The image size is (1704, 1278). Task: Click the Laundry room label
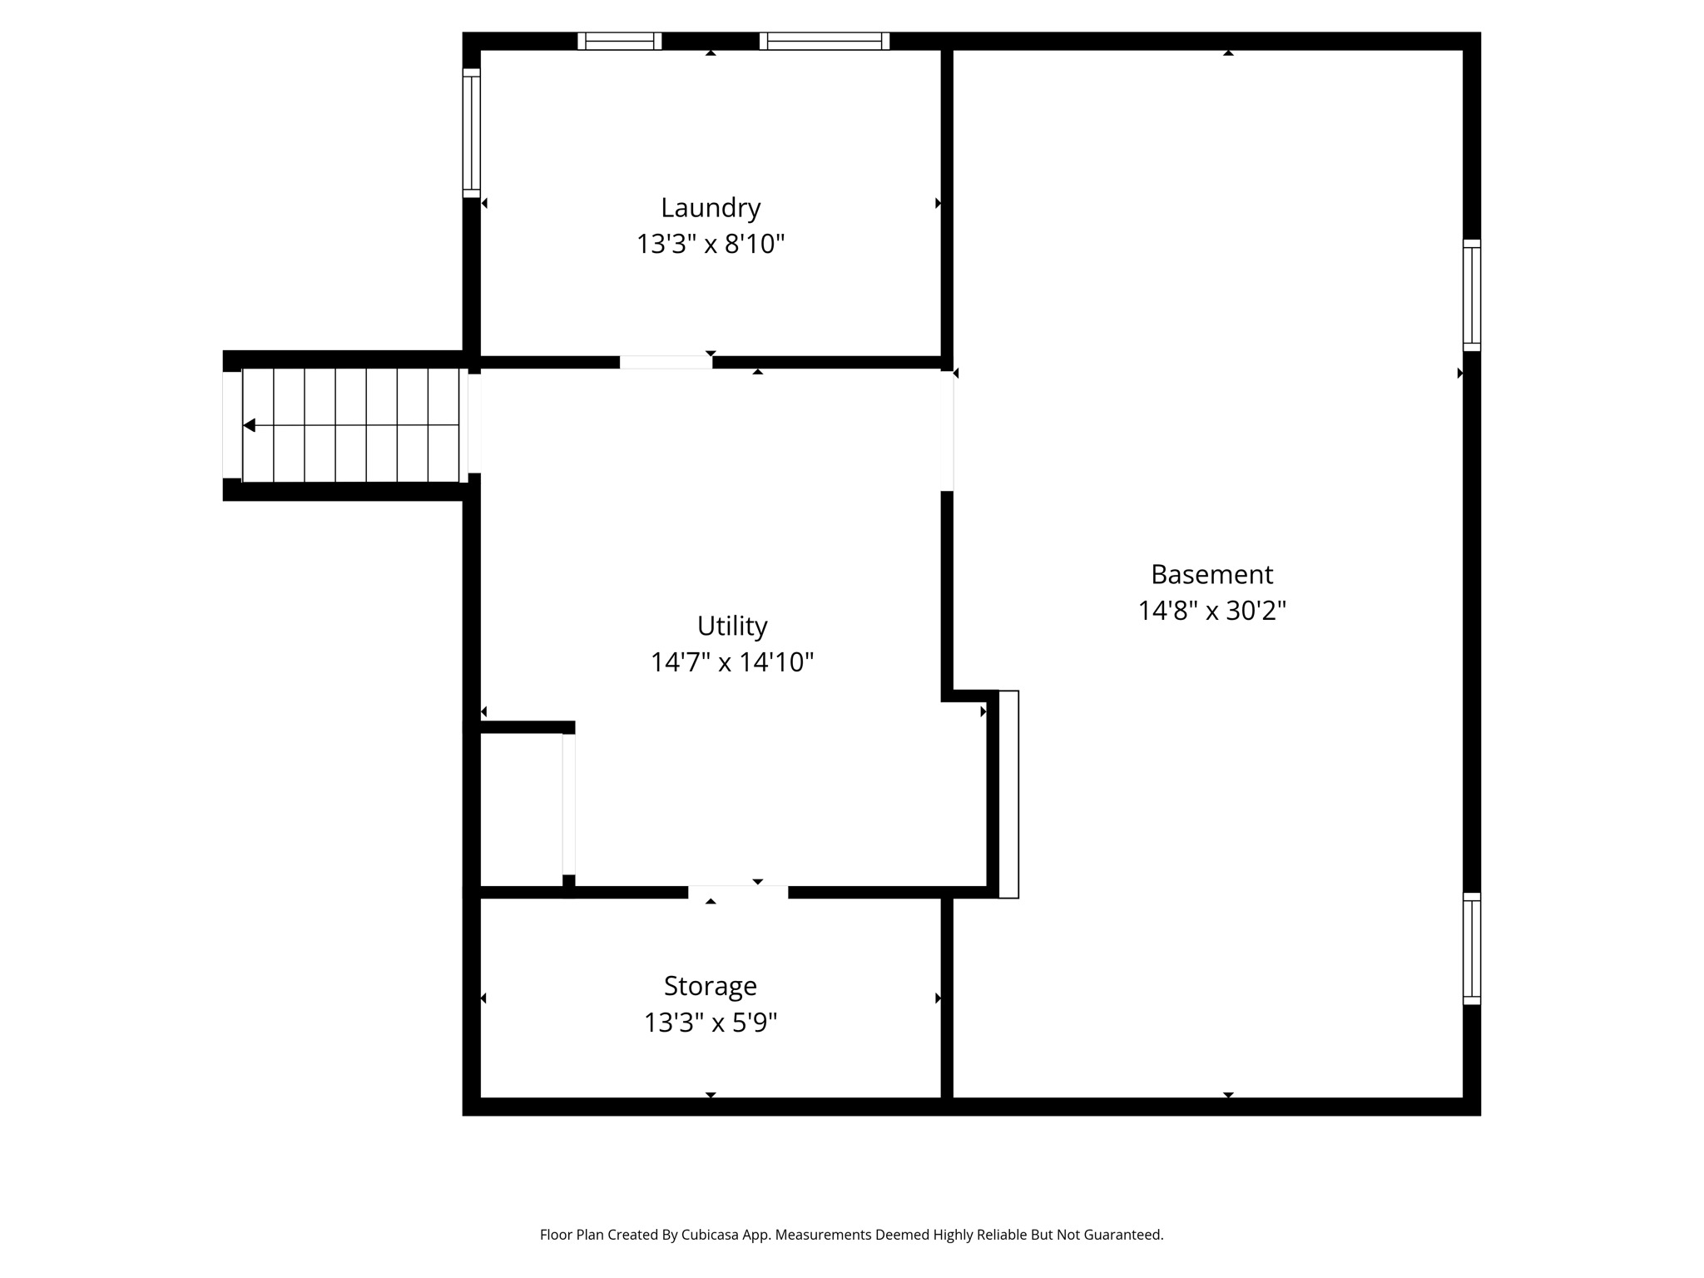click(x=711, y=208)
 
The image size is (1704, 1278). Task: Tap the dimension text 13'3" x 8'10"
click(x=711, y=245)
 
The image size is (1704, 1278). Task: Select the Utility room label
click(x=731, y=626)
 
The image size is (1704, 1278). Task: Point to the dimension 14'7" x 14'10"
click(x=731, y=663)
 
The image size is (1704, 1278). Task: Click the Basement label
click(x=1211, y=575)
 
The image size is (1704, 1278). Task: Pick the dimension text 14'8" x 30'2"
click(x=1211, y=612)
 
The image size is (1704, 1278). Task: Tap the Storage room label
click(x=710, y=986)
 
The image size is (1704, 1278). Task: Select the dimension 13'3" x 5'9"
click(x=710, y=1023)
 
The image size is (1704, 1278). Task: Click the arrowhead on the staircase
click(x=249, y=425)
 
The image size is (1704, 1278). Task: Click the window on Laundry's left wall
click(x=472, y=133)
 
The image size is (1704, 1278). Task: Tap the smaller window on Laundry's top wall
click(x=620, y=41)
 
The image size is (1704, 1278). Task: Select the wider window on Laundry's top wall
click(x=824, y=41)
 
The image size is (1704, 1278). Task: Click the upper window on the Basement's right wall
click(x=1471, y=295)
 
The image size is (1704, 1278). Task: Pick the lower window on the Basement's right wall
click(x=1471, y=949)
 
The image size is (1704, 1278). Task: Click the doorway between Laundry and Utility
click(x=666, y=362)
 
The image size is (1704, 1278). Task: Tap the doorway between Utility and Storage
click(x=738, y=892)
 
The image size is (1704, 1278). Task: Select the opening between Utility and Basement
click(x=947, y=430)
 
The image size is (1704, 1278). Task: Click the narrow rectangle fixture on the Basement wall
click(x=1008, y=794)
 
